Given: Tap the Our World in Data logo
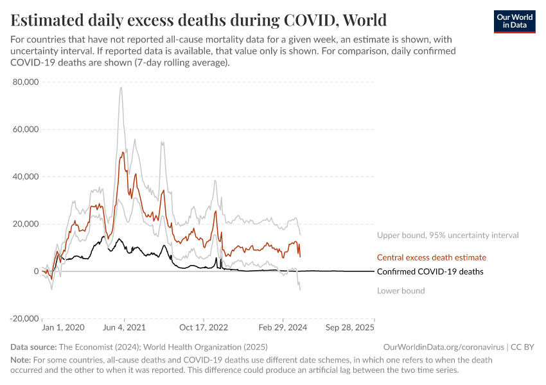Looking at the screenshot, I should coord(514,21).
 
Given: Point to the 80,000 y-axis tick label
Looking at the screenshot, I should coord(25,82).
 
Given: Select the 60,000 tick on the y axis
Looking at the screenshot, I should coord(25,129).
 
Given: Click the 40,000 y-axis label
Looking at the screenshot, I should coord(25,176).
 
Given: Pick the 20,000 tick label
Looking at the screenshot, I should coord(25,224).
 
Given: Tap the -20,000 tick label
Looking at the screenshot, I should coord(24,319).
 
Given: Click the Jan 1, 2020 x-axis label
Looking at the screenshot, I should coord(63,327).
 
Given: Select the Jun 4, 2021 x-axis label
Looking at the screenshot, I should coord(124,327).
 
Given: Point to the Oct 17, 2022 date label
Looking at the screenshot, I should coord(204,327).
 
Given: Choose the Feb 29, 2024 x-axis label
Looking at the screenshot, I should coord(280,327).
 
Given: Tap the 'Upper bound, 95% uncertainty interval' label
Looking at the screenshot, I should coord(447,235).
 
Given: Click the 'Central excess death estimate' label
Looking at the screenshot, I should coord(431,257).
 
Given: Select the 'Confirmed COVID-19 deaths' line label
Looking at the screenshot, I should coord(430,271).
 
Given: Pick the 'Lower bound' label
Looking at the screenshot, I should coord(401,291).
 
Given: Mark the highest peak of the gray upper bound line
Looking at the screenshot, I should coord(121,87).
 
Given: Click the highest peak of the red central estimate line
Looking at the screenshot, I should coord(122,152).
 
